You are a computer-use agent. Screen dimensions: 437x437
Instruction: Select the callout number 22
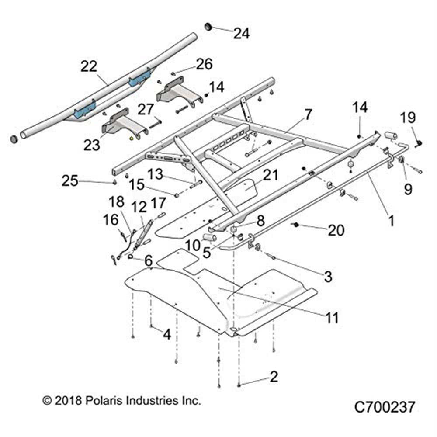tap(90, 66)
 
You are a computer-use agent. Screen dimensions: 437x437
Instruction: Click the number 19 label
tap(409, 118)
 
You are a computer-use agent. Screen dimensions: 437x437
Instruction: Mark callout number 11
tap(332, 318)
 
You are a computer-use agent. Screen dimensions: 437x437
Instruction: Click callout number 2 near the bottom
tap(274, 377)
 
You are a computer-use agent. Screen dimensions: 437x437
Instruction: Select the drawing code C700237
tap(384, 408)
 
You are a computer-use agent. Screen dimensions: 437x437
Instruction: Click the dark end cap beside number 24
tap(209, 27)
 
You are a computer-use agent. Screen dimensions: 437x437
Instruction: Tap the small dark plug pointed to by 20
tap(295, 225)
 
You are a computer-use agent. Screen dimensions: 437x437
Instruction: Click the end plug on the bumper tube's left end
tap(14, 139)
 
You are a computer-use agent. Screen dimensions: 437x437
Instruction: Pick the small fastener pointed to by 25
tap(114, 181)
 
